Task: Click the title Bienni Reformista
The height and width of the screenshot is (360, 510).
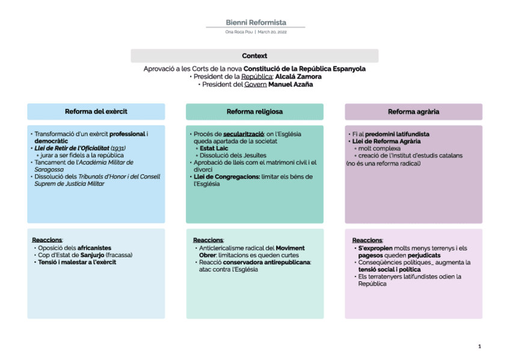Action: point(256,22)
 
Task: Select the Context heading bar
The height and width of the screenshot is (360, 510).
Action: point(254,56)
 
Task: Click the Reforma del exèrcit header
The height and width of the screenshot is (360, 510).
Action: point(96,112)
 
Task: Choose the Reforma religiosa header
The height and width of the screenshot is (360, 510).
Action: point(254,112)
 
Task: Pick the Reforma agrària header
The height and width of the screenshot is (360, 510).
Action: point(413,112)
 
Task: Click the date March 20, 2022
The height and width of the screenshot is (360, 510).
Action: point(273,31)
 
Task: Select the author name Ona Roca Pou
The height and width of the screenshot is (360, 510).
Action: point(239,31)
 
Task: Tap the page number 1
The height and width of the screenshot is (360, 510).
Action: point(479,346)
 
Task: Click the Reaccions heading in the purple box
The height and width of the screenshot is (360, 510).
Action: point(367,240)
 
